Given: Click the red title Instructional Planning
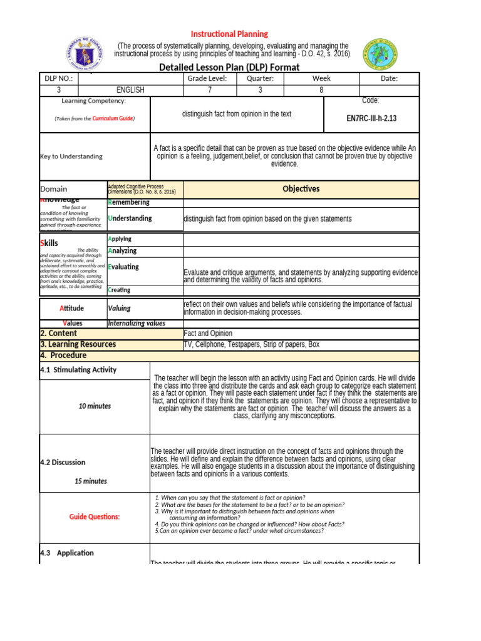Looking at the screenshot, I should pyautogui.click(x=229, y=34).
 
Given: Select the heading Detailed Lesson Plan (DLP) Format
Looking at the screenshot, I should pyautogui.click(x=229, y=67).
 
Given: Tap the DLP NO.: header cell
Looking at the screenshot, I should pyautogui.click(x=58, y=78).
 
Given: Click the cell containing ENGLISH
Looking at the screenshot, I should pyautogui.click(x=130, y=90).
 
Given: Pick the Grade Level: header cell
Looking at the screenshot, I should pyautogui.click(x=207, y=78).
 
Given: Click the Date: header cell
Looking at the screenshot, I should pyautogui.click(x=389, y=78).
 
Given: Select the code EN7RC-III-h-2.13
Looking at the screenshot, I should pyautogui.click(x=371, y=118).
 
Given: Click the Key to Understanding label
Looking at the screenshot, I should pyautogui.click(x=71, y=156).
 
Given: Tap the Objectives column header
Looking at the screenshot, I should pyautogui.click(x=301, y=188).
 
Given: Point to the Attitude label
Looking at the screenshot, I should pyautogui.click(x=71, y=308).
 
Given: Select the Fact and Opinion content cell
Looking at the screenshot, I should pyautogui.click(x=208, y=334).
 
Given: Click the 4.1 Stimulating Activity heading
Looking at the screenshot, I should pyautogui.click(x=78, y=369).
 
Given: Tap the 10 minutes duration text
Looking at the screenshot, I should pyautogui.click(x=95, y=406).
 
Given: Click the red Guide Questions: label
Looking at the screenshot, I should pyautogui.click(x=95, y=516).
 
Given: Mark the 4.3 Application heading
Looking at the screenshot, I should pyautogui.click(x=66, y=553).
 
